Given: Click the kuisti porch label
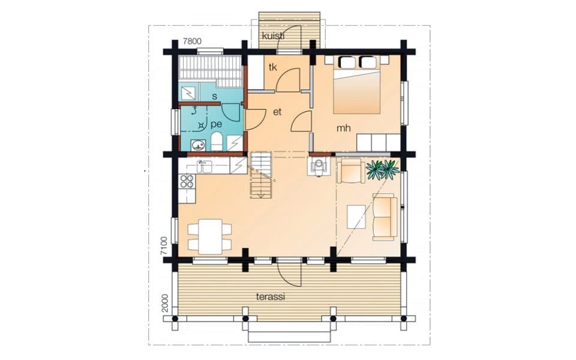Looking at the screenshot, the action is click(x=273, y=36).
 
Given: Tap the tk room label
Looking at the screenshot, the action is click(x=272, y=67).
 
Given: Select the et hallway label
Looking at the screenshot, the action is click(x=277, y=112).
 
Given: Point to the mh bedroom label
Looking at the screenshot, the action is click(x=343, y=128).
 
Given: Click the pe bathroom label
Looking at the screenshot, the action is click(x=217, y=125).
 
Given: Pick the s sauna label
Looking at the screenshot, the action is click(x=215, y=97).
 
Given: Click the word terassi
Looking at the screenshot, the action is click(x=271, y=297).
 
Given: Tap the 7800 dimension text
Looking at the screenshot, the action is click(x=192, y=41).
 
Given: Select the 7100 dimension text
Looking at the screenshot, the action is click(x=164, y=246).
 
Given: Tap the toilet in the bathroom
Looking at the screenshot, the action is click(x=217, y=142).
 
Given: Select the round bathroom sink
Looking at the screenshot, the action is click(x=199, y=145).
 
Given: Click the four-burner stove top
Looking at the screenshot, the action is click(x=187, y=181).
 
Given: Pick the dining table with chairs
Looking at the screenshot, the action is click(x=210, y=236).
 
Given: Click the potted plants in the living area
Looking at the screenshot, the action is click(x=382, y=170).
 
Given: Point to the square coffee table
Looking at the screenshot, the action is click(x=356, y=217).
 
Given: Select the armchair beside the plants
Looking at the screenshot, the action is click(x=351, y=170).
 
